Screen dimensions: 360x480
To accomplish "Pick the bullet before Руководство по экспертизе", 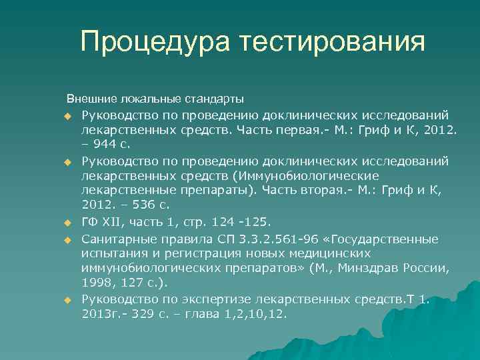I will pos(67,301).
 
